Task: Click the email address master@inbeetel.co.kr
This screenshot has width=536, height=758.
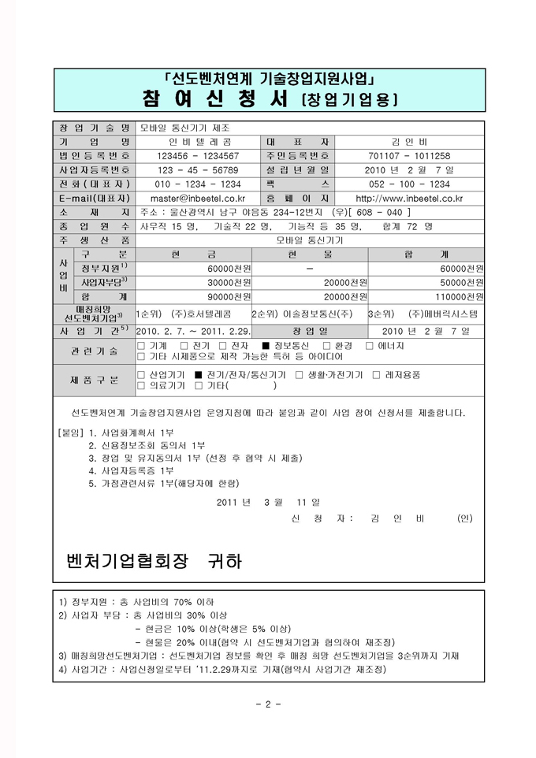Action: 198,199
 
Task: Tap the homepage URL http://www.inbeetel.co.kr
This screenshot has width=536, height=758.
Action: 409,199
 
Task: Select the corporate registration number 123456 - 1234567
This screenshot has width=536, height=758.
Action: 198,156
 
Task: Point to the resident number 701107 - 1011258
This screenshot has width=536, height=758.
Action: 409,156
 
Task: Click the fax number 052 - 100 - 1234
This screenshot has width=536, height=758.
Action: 409,184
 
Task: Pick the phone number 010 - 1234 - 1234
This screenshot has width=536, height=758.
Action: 198,184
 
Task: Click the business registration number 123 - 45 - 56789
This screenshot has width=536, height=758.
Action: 198,170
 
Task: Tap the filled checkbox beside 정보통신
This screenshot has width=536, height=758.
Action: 266,346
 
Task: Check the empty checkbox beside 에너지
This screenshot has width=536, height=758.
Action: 370,346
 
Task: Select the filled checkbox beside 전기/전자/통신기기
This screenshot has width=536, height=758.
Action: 199,375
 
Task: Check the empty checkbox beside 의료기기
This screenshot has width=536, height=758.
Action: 141,386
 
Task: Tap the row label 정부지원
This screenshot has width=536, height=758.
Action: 105,269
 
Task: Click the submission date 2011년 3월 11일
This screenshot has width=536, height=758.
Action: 268,501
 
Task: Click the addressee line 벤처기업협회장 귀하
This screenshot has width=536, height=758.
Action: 155,561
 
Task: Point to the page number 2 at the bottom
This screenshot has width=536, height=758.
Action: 268,704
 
